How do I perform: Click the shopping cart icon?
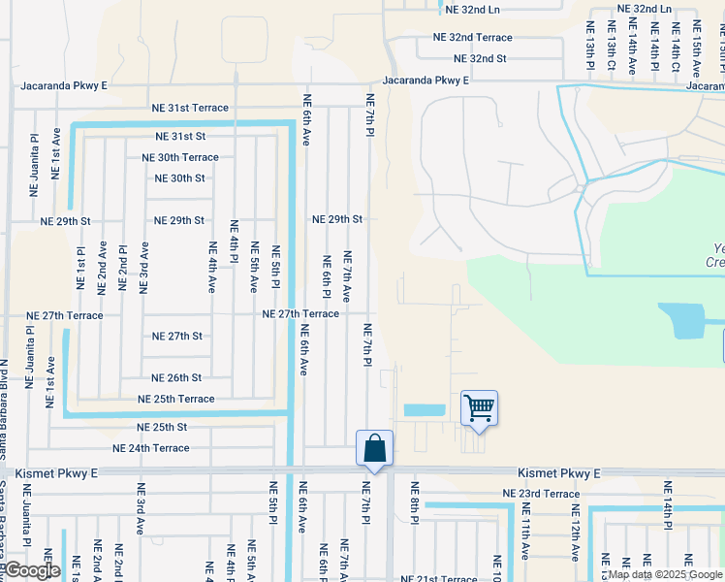[x=479, y=407]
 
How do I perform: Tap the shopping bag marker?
[x=374, y=448]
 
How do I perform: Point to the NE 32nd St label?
[x=474, y=58]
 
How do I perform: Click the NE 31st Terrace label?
[x=189, y=108]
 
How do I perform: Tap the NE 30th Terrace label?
[x=180, y=157]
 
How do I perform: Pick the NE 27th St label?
[x=177, y=336]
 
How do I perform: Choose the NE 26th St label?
[x=176, y=377]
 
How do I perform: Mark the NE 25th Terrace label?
[x=175, y=399]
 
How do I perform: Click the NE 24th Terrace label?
[x=151, y=448]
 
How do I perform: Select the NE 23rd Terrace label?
[x=541, y=494]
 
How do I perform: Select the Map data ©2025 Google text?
[x=665, y=574]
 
